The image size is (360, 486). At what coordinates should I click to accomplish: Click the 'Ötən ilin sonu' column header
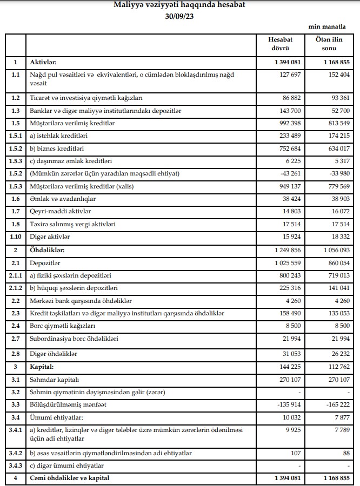(x=329, y=44)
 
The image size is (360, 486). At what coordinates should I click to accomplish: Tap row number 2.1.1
(x=16, y=275)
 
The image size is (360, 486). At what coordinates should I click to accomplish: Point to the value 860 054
(x=336, y=262)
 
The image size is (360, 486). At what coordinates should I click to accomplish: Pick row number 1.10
(x=16, y=237)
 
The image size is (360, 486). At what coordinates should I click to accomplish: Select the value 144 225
(x=288, y=367)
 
